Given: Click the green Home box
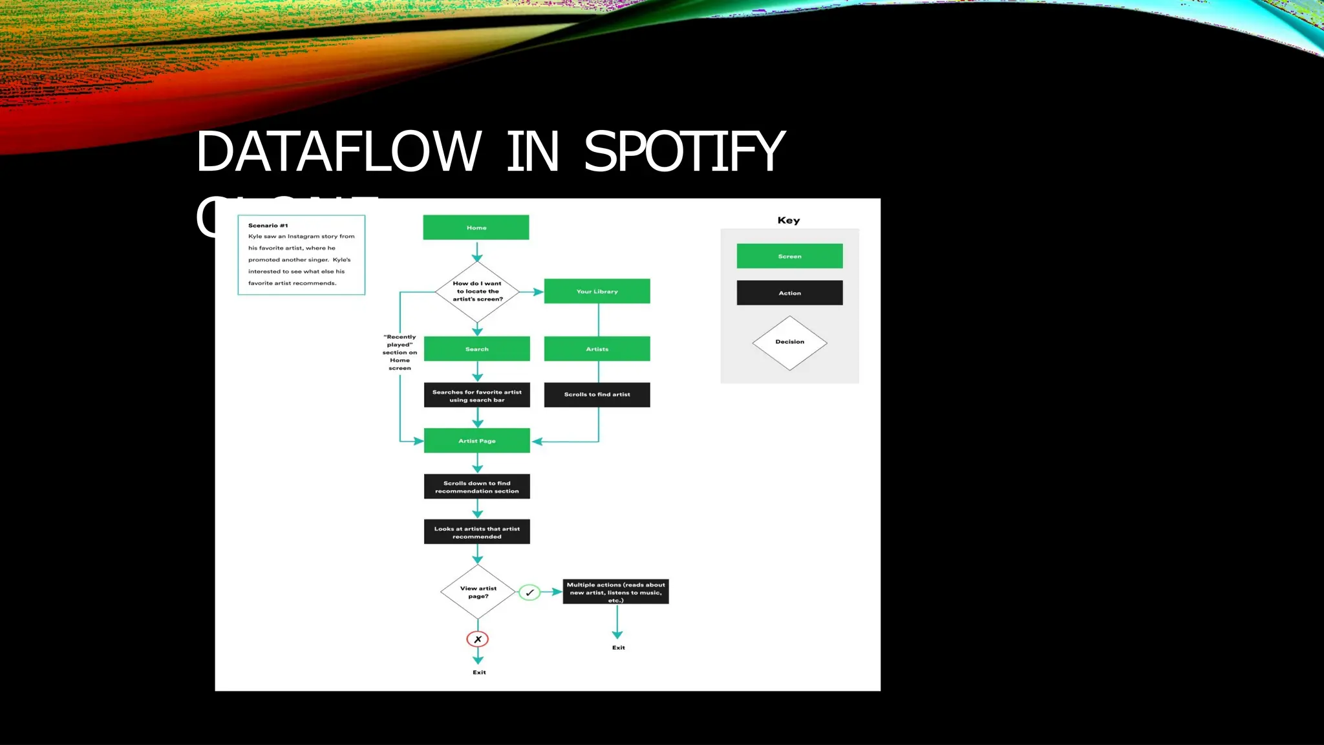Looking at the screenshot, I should point(476,228).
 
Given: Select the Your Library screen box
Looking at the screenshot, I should point(597,291).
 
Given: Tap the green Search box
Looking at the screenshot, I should point(476,349).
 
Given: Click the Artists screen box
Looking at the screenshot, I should point(597,349).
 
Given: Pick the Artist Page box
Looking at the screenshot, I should point(476,440).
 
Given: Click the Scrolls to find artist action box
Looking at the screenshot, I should point(597,394).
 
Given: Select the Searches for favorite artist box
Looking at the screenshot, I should point(476,396).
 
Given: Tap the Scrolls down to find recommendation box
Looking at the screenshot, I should point(476,487).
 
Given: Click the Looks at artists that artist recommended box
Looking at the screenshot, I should point(476,532).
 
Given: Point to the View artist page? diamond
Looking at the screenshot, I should point(478,592).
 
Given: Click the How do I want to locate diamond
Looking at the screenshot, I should point(477,292).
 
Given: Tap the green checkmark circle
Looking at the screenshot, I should point(529,592).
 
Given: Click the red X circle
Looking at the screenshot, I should point(478,640).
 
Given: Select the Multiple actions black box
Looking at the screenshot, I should point(615,592).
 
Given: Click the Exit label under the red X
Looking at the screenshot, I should point(479,673).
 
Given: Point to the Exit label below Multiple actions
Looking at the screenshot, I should point(619,647).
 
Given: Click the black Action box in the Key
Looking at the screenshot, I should point(789,293).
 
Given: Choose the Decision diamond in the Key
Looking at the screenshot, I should point(789,342).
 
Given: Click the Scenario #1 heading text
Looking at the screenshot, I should point(268,226).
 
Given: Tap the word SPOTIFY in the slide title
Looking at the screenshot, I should point(684,152).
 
